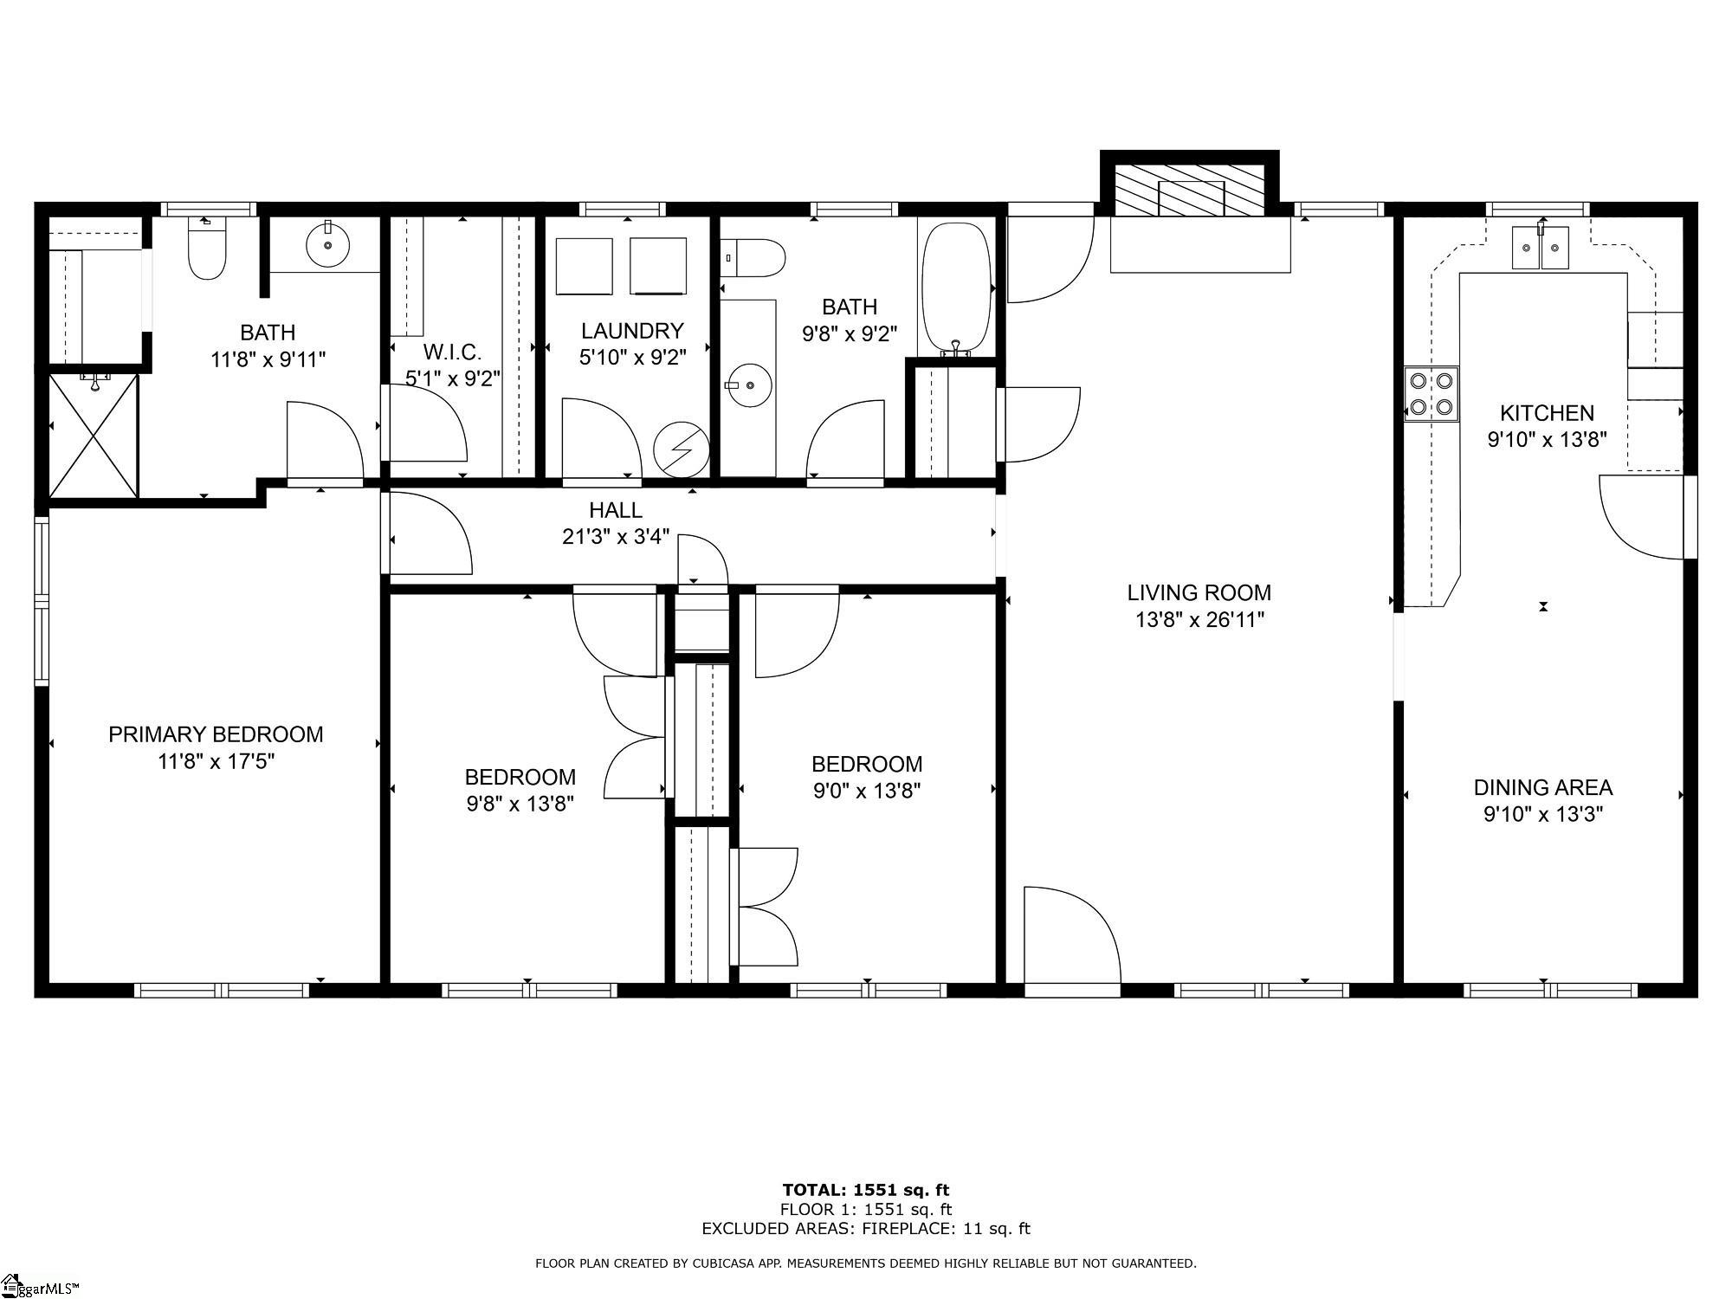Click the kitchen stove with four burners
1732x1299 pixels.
pos(1431,393)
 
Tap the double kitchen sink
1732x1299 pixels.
pos(1541,248)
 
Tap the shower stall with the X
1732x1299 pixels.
pos(93,435)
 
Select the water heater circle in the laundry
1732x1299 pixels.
pos(682,449)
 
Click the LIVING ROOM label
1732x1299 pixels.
pos(1199,593)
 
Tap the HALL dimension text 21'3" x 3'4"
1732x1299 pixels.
pos(616,537)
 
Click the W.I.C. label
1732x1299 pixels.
pos(452,352)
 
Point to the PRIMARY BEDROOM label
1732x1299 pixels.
pos(216,734)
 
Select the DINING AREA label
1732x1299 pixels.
pos(1542,787)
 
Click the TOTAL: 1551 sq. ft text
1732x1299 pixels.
pos(865,1190)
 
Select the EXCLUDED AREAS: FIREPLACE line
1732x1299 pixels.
pos(865,1228)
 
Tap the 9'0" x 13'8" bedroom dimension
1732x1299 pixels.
pos(866,791)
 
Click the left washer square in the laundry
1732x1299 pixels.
pos(584,266)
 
